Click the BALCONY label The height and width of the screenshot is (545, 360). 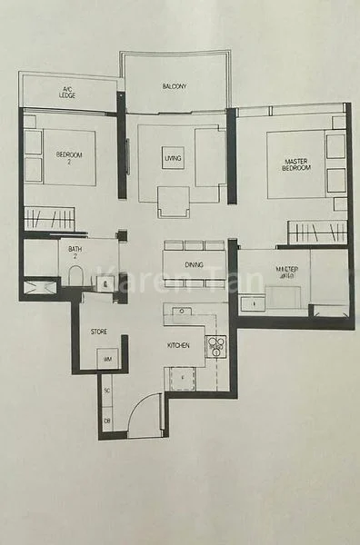pyautogui.click(x=175, y=87)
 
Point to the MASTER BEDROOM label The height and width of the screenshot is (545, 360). pyautogui.click(x=295, y=164)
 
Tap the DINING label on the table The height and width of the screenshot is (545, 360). pyautogui.click(x=193, y=264)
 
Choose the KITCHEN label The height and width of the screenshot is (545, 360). pyautogui.click(x=177, y=346)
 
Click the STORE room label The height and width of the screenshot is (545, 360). pyautogui.click(x=98, y=332)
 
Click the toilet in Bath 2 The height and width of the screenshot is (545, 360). pyautogui.click(x=76, y=277)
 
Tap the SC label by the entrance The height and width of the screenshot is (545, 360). pyautogui.click(x=106, y=391)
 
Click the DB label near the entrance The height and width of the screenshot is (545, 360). pyautogui.click(x=106, y=419)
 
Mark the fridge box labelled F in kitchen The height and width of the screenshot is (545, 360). pyautogui.click(x=183, y=376)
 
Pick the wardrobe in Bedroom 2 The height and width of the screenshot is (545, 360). pyautogui.click(x=49, y=218)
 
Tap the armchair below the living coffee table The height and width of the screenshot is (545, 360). pyautogui.click(x=173, y=201)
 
